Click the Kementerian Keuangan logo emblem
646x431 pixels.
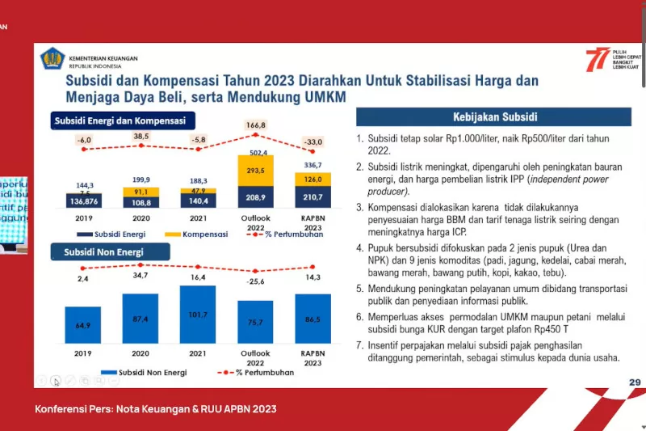pos(52,59)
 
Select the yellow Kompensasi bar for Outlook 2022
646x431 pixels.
pos(255,171)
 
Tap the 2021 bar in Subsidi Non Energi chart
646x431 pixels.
pos(198,315)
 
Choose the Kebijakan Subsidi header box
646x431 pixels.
pos(495,117)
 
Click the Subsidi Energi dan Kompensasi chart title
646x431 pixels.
pos(120,121)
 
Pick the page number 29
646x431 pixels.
pos(634,382)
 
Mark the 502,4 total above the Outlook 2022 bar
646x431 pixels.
pos(256,152)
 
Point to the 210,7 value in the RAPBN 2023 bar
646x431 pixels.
pos(313,196)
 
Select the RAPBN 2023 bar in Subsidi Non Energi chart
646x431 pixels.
pos(313,320)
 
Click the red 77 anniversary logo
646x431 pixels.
pos(598,59)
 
